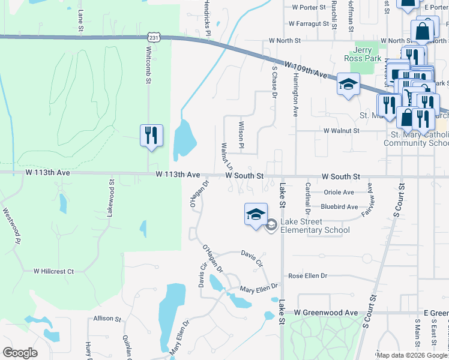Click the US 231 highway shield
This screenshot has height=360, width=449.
[155, 38]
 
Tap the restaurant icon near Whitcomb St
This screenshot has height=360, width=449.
[151, 135]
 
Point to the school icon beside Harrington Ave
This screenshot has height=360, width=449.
[348, 85]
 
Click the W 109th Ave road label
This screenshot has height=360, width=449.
[306, 71]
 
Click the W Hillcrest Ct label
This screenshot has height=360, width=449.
[53, 271]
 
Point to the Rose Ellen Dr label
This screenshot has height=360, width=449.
[307, 276]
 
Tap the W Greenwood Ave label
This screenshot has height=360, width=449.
[325, 313]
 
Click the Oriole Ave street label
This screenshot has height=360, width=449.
[339, 192]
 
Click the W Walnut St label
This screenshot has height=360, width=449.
[341, 130]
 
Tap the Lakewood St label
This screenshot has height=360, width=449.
[111, 198]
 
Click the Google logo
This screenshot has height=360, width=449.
[20, 353]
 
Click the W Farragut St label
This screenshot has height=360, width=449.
[309, 25]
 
